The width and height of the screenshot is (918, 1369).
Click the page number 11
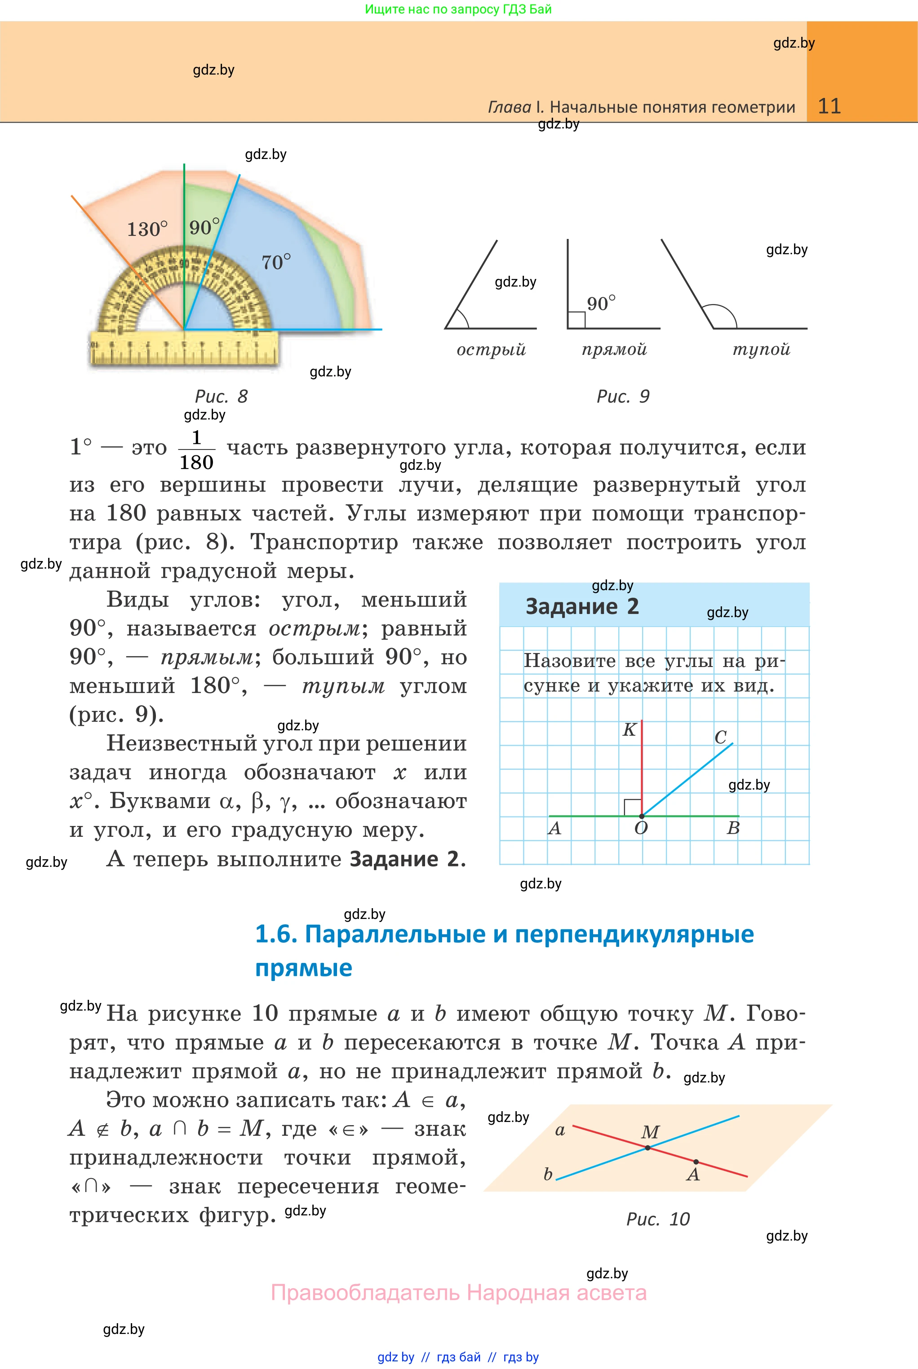[829, 106]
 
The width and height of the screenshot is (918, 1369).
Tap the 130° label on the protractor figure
[147, 229]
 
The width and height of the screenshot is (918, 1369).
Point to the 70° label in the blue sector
[276, 262]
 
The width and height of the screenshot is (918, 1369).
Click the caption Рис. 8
[222, 396]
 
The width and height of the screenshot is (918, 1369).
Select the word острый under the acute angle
[491, 350]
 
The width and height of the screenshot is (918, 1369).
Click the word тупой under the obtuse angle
[761, 349]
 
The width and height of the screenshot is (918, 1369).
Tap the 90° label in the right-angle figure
[601, 303]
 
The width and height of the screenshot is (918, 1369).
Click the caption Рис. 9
[623, 396]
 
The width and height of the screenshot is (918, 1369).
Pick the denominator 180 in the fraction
[196, 463]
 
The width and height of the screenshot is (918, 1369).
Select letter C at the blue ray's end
[721, 737]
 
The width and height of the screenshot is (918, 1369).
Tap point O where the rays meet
[642, 816]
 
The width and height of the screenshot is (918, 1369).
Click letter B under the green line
[733, 828]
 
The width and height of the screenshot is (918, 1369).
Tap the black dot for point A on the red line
[696, 1162]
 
